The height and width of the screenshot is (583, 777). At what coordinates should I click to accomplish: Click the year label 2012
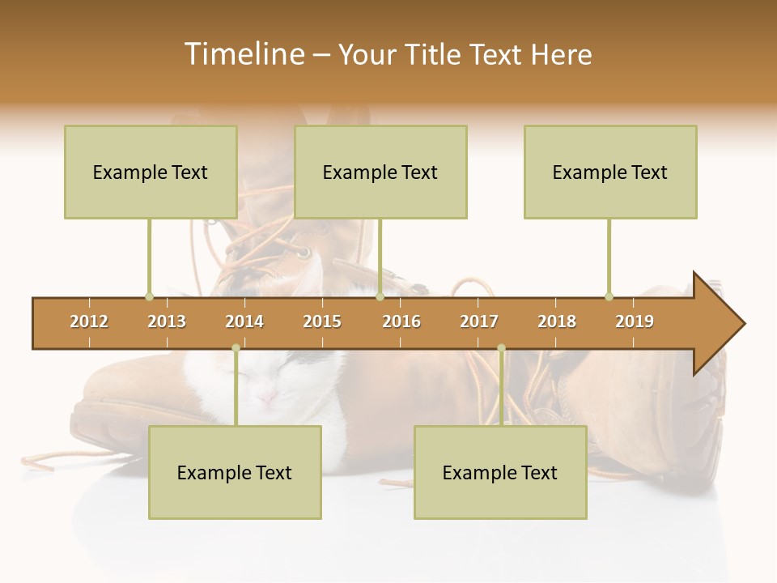[x=89, y=321]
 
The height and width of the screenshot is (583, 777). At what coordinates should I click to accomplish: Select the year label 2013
[x=167, y=321]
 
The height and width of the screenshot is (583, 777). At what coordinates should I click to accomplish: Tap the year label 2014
[x=244, y=321]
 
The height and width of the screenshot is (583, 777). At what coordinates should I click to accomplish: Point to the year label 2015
[x=322, y=321]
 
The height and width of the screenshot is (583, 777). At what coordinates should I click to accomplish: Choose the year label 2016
[x=401, y=321]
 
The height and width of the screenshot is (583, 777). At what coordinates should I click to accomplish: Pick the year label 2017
[x=479, y=321]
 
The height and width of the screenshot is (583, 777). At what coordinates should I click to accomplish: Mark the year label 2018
[x=557, y=321]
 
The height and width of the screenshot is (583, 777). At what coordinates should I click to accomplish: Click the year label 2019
[x=635, y=321]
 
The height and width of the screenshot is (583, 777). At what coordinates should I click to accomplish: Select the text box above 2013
[x=151, y=172]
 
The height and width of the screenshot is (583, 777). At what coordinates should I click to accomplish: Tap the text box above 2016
[x=380, y=172]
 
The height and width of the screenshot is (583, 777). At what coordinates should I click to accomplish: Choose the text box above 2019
[x=610, y=172]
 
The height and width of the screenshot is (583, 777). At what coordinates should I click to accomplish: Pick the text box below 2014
[x=235, y=472]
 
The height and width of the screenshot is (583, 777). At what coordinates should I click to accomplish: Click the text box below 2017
[x=500, y=472]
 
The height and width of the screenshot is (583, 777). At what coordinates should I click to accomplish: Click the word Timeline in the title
[x=243, y=54]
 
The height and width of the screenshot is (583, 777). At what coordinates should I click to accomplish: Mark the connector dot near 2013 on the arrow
[x=149, y=297]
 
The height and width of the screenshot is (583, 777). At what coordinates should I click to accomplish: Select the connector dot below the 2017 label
[x=501, y=348]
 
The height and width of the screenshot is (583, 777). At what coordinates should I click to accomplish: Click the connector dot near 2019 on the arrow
[x=609, y=297]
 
